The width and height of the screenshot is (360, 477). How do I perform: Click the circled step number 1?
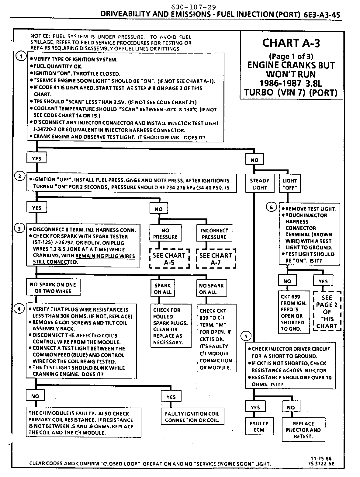click(21, 57)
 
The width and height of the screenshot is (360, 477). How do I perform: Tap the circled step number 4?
click(19, 309)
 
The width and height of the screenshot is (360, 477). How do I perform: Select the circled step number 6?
click(271, 207)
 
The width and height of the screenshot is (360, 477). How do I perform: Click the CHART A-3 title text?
click(291, 43)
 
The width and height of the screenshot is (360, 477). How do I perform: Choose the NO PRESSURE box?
click(165, 233)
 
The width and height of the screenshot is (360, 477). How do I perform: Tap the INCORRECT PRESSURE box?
click(214, 233)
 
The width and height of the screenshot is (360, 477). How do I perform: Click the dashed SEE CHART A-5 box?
click(169, 259)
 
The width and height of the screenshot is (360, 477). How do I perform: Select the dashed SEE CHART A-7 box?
click(216, 259)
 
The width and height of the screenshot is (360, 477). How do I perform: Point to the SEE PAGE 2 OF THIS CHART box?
click(327, 312)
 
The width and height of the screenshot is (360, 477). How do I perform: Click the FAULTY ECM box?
click(259, 427)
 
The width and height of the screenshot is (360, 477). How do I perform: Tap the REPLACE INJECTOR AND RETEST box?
click(303, 430)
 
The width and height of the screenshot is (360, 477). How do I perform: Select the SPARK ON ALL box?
click(163, 288)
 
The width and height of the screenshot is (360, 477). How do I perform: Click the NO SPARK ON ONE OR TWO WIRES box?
click(53, 287)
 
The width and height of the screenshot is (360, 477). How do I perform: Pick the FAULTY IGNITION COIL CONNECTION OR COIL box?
click(192, 417)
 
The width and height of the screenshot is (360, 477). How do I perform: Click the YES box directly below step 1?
click(36, 158)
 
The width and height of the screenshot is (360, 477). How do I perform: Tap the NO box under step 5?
click(291, 407)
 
